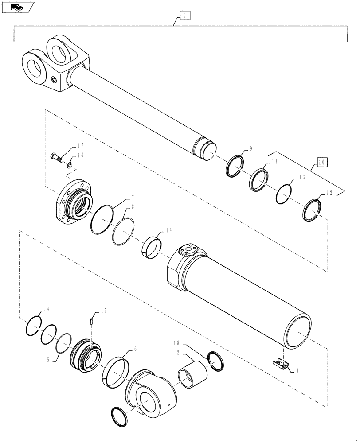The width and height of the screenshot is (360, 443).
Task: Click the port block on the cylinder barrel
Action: (189, 252)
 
